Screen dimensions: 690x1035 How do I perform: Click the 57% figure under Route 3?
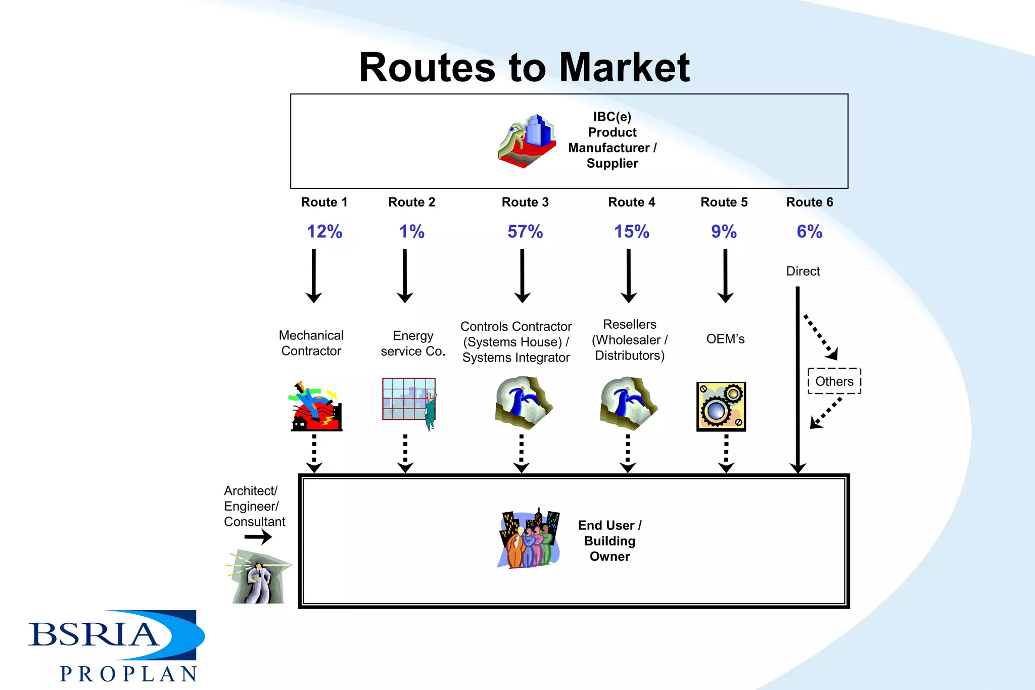(x=525, y=232)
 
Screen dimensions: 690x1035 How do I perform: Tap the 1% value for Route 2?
(x=411, y=232)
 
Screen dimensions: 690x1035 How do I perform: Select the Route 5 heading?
(x=724, y=202)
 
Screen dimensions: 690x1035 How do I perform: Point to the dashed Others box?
(x=834, y=381)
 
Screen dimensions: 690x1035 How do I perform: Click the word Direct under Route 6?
(x=803, y=271)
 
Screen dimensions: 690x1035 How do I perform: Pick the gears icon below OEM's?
(x=721, y=407)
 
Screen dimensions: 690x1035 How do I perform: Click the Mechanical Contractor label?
(x=311, y=343)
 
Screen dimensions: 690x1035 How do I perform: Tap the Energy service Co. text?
(x=413, y=343)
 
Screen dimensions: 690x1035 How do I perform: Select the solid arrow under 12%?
(x=314, y=275)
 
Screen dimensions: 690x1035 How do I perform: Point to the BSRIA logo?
(x=116, y=635)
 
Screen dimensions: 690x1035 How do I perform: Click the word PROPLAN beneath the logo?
(x=129, y=674)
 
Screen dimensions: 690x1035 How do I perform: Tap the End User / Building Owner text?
(x=609, y=541)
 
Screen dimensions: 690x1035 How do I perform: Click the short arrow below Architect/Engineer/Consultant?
(x=258, y=537)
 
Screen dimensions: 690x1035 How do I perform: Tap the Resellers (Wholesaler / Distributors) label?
(x=630, y=340)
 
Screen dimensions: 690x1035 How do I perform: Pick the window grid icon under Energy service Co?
(x=409, y=400)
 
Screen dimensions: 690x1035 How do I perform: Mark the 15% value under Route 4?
(x=631, y=232)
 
